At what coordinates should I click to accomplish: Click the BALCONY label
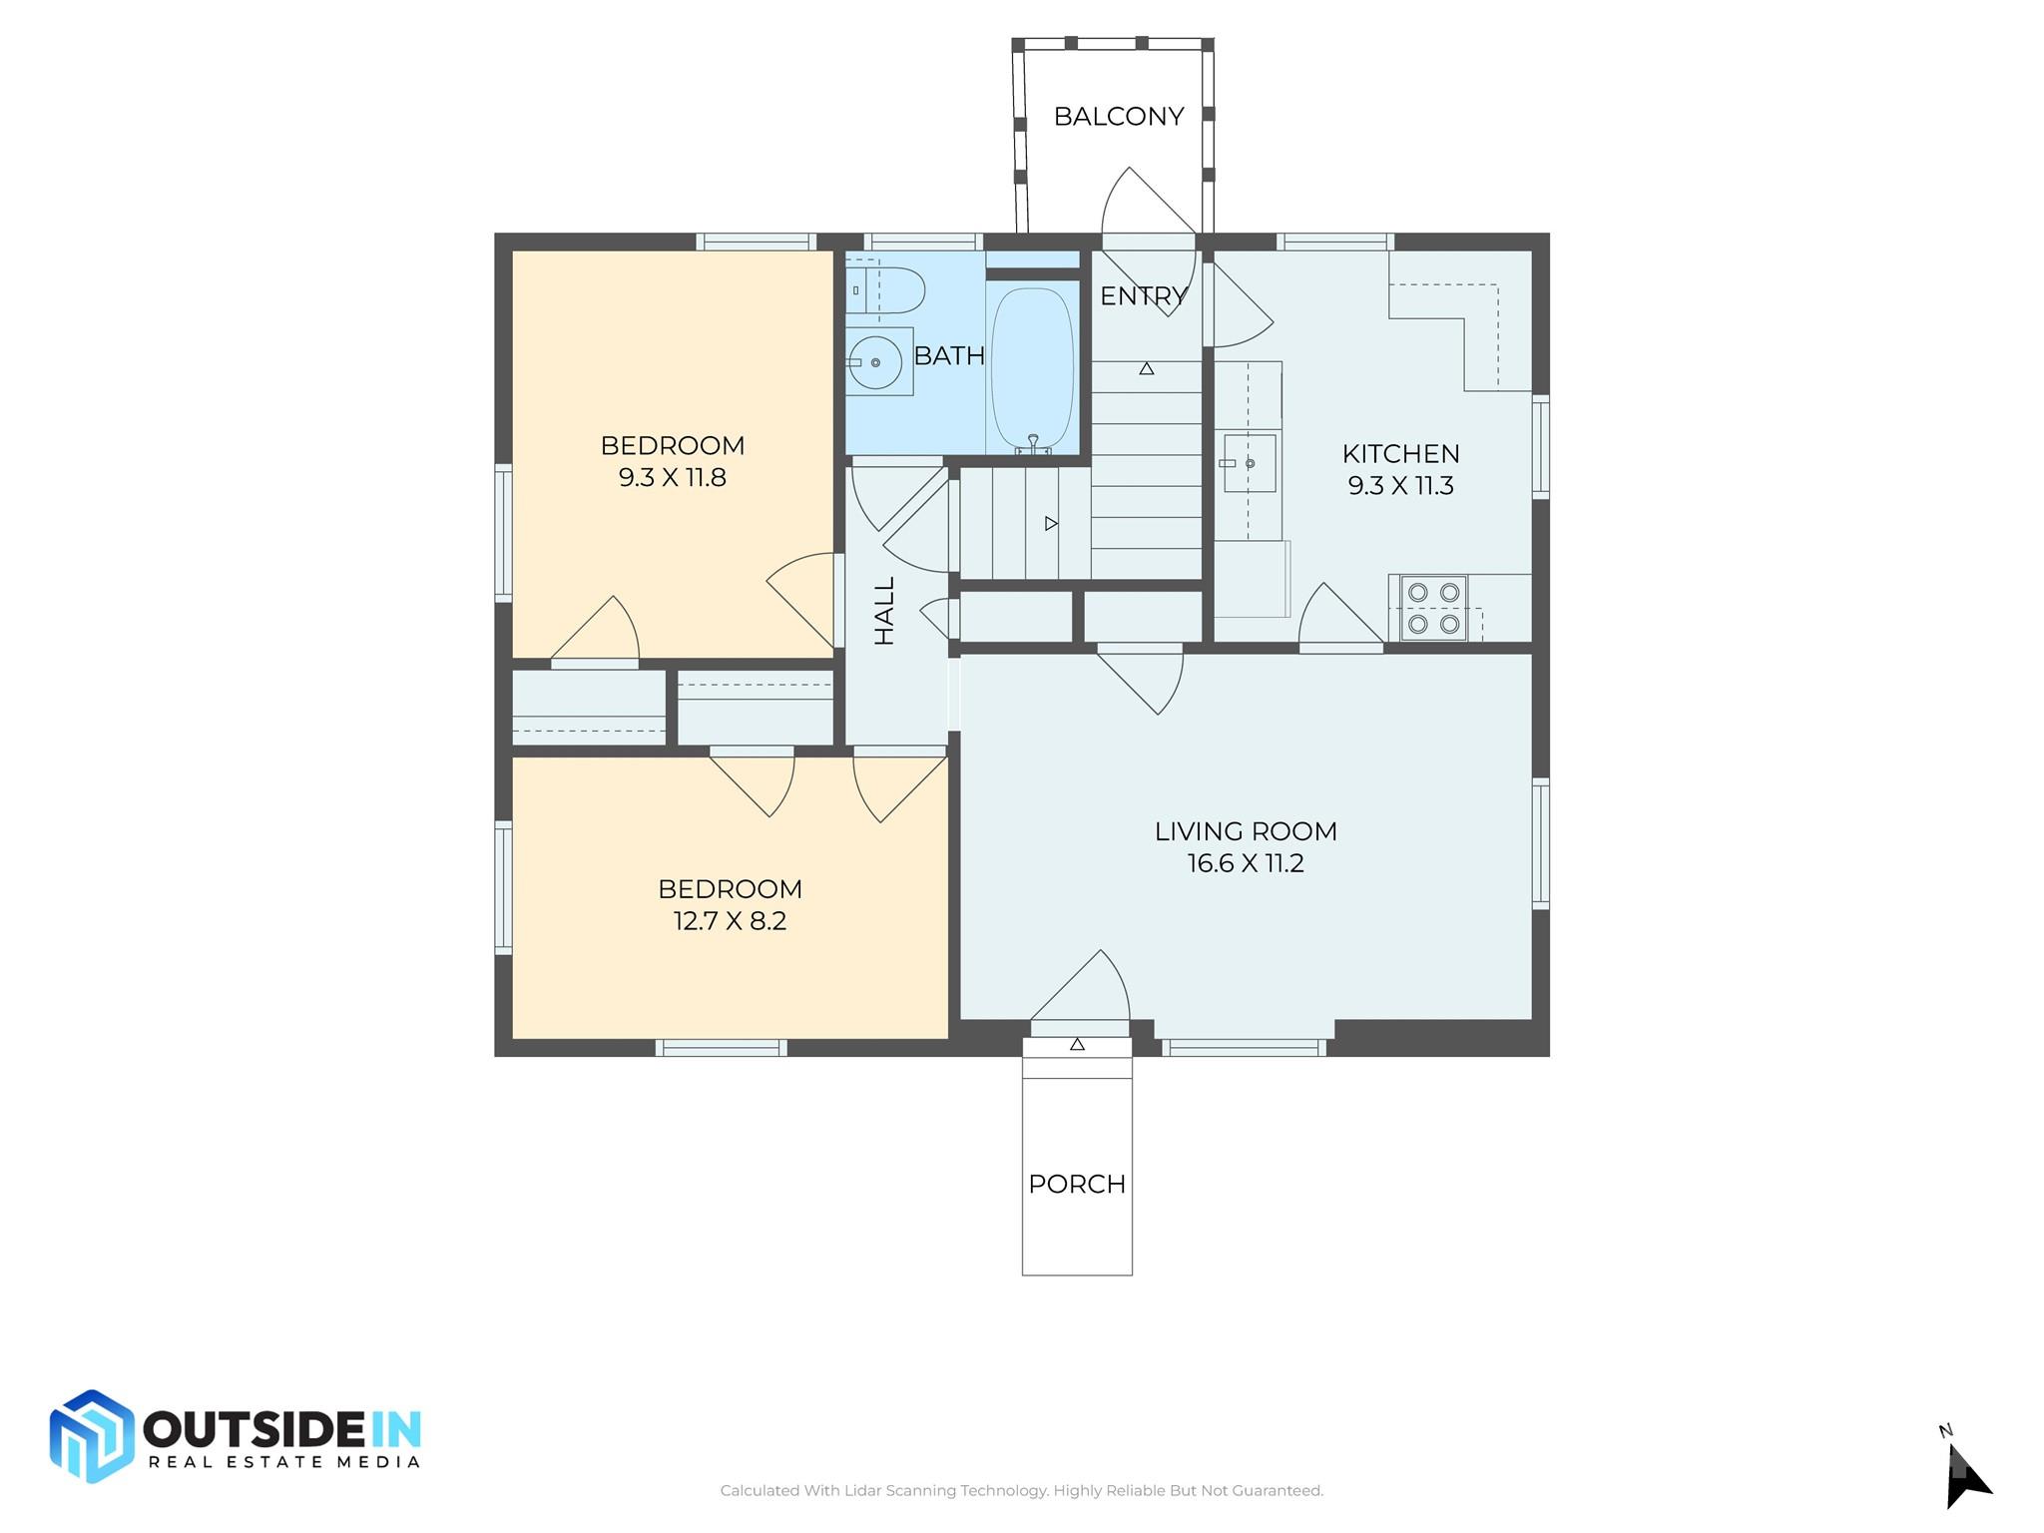[1119, 117]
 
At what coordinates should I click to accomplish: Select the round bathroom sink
[875, 362]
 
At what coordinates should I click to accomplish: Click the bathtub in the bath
[1032, 369]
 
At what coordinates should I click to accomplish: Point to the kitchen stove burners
[1433, 608]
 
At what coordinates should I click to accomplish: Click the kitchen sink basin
[1249, 463]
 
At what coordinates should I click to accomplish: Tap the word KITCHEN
[1400, 454]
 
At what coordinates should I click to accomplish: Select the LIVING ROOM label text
[1246, 831]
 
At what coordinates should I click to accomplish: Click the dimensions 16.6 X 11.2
[1246, 863]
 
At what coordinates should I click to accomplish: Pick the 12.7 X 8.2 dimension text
[730, 921]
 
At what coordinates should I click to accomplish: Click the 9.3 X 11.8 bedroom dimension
[672, 478]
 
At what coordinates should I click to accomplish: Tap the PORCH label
[1077, 1184]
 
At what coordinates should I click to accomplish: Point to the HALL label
[885, 611]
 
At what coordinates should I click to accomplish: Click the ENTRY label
[1144, 296]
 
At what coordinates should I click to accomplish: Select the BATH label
[949, 355]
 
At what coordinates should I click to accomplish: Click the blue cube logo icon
[92, 1436]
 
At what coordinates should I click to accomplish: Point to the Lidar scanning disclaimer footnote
[1022, 1490]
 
